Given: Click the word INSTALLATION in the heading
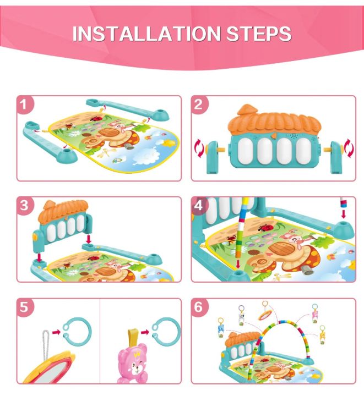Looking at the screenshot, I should (147, 34).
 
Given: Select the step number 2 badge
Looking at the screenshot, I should (199, 105).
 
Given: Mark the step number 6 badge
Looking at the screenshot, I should (199, 307).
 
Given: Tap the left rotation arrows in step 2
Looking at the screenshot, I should (199, 147).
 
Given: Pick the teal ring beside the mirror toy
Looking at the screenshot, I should (78, 332).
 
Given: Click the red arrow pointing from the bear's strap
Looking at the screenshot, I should (144, 332).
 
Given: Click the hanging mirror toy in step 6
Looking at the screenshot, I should (265, 315).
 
